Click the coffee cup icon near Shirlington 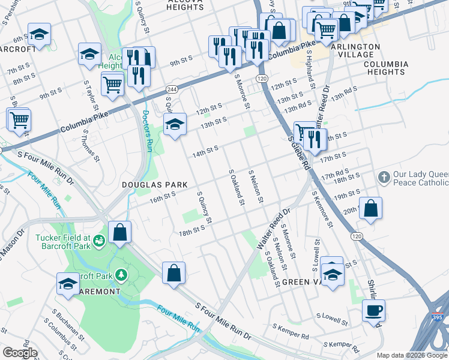click(373, 311)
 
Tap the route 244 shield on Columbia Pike click(171, 88)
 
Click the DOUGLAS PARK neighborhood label click(155, 185)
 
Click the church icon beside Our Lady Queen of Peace click(384, 178)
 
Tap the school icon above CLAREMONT click(68, 283)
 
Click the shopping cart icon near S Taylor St click(113, 84)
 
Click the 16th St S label click(162, 195)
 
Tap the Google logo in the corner click(20, 353)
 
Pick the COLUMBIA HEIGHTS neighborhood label click(385, 68)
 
